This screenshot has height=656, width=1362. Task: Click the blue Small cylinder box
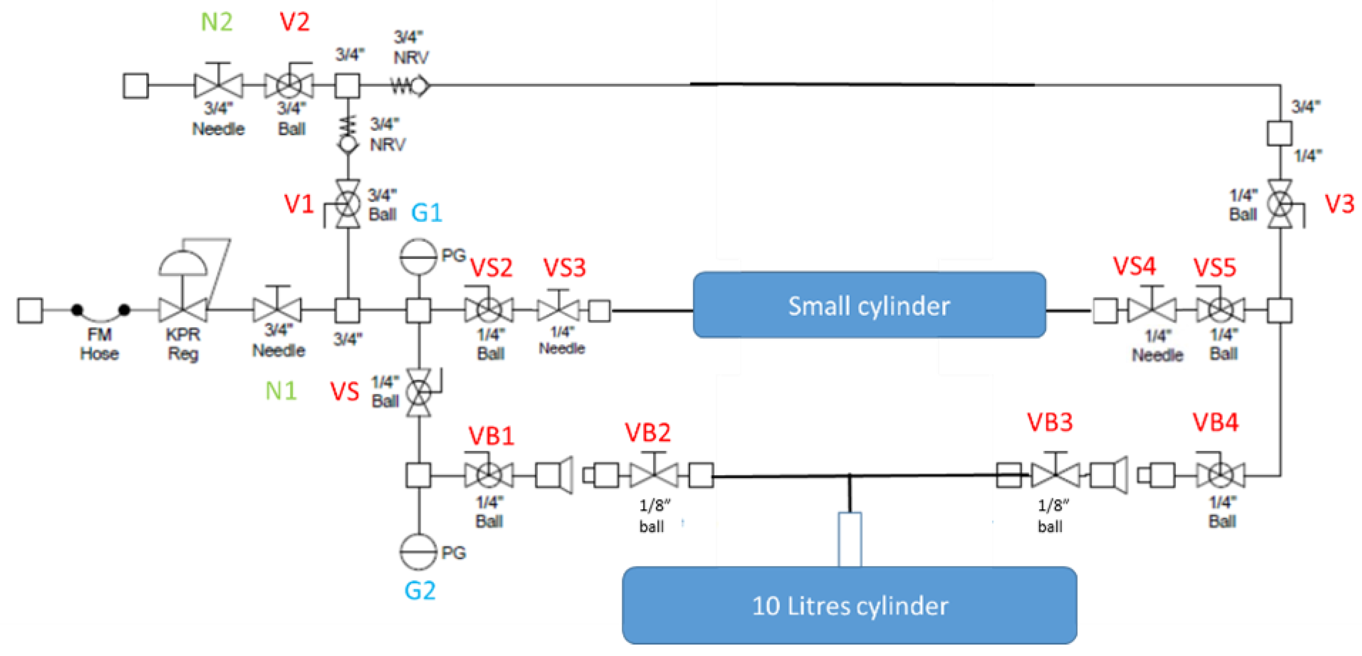click(869, 305)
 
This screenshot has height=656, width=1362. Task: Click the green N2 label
click(216, 22)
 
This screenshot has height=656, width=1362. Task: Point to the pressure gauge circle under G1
click(418, 256)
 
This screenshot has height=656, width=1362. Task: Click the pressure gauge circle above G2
click(418, 551)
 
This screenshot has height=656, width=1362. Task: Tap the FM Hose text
click(99, 343)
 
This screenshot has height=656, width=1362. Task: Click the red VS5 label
click(1215, 268)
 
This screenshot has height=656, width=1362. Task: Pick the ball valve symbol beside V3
click(1280, 204)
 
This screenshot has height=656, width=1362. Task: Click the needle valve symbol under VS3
click(558, 309)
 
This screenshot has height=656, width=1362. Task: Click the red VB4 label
click(1215, 422)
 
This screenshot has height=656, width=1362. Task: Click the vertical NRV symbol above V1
click(347, 136)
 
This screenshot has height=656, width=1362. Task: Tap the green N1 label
click(281, 391)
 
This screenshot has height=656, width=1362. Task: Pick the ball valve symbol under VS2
click(489, 310)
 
